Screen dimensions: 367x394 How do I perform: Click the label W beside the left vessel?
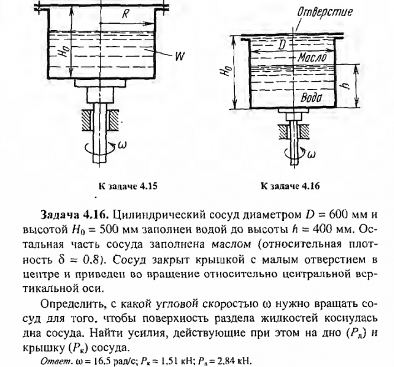(x=177, y=57)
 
